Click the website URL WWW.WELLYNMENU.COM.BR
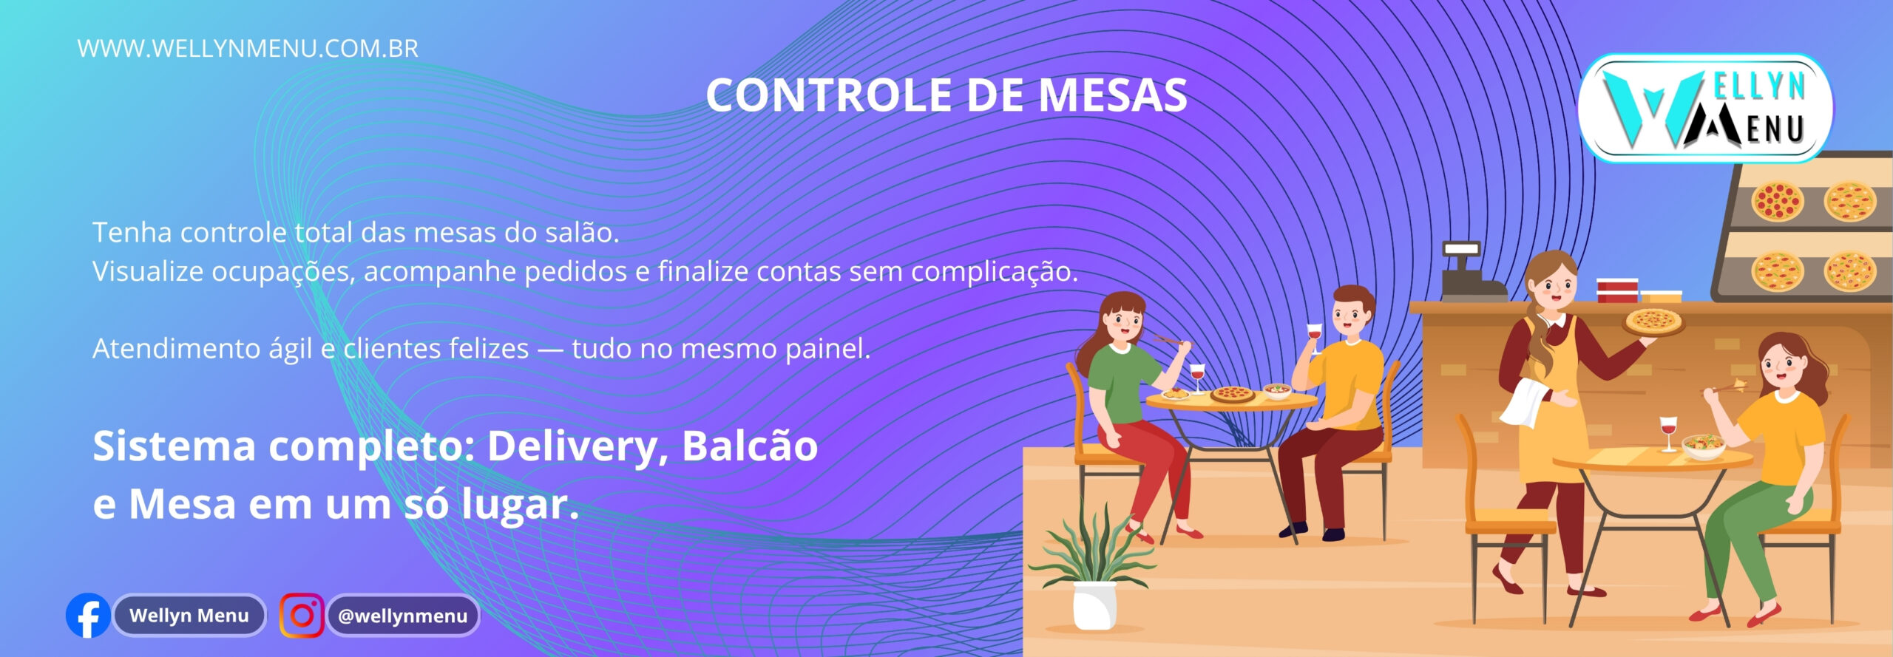248,49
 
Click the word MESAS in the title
1113,96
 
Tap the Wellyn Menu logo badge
1705,108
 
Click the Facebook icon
88,615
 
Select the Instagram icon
302,615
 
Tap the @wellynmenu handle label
403,616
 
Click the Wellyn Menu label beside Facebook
189,616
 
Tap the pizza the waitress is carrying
1653,321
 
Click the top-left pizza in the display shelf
1778,200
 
